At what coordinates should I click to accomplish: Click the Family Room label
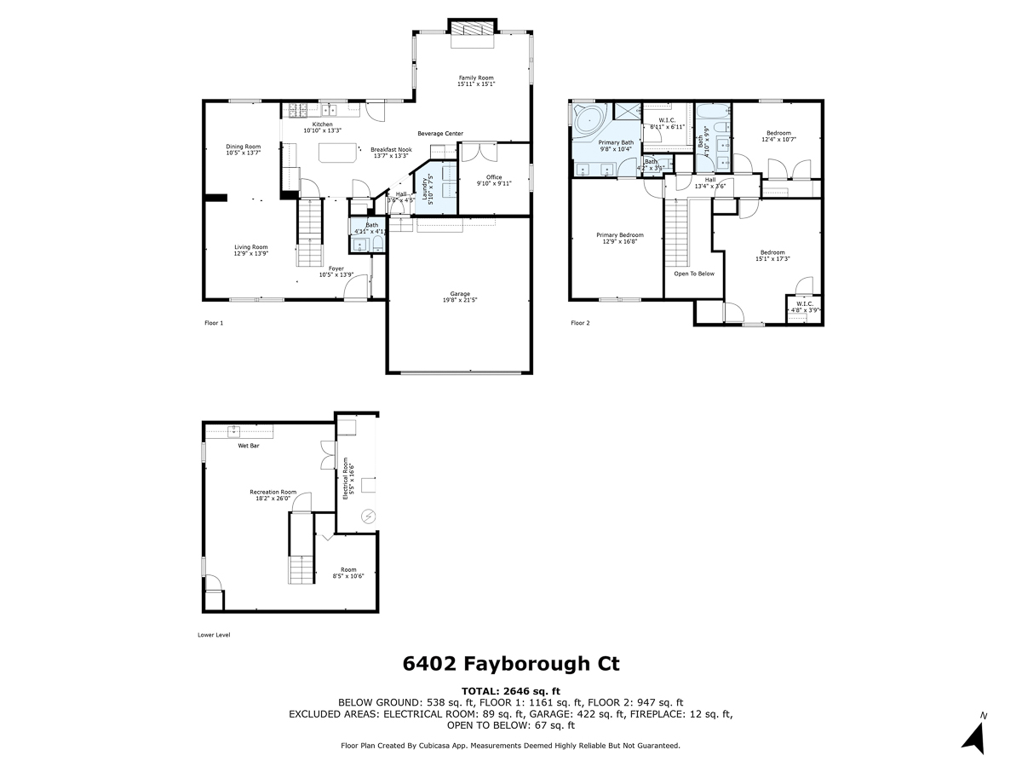[x=475, y=81]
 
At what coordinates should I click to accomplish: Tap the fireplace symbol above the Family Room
[x=471, y=28]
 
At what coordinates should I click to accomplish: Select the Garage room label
[x=460, y=297]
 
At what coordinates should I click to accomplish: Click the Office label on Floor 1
[x=494, y=181]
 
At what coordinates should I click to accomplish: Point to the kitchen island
[x=338, y=153]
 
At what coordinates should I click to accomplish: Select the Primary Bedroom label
[x=619, y=238]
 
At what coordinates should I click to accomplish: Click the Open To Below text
[x=694, y=274]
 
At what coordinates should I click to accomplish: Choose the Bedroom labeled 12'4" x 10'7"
[x=778, y=136]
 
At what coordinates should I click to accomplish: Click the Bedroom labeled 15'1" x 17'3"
[x=772, y=256]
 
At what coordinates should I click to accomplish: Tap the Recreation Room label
[x=273, y=495]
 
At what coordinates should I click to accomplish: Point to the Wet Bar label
[x=248, y=446]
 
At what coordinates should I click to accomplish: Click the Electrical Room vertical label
[x=347, y=479]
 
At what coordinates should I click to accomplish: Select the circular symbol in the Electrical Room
[x=369, y=516]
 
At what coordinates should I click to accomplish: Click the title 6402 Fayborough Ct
[x=511, y=664]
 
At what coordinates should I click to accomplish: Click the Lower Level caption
[x=214, y=635]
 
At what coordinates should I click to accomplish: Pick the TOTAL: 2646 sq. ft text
[x=511, y=690]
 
